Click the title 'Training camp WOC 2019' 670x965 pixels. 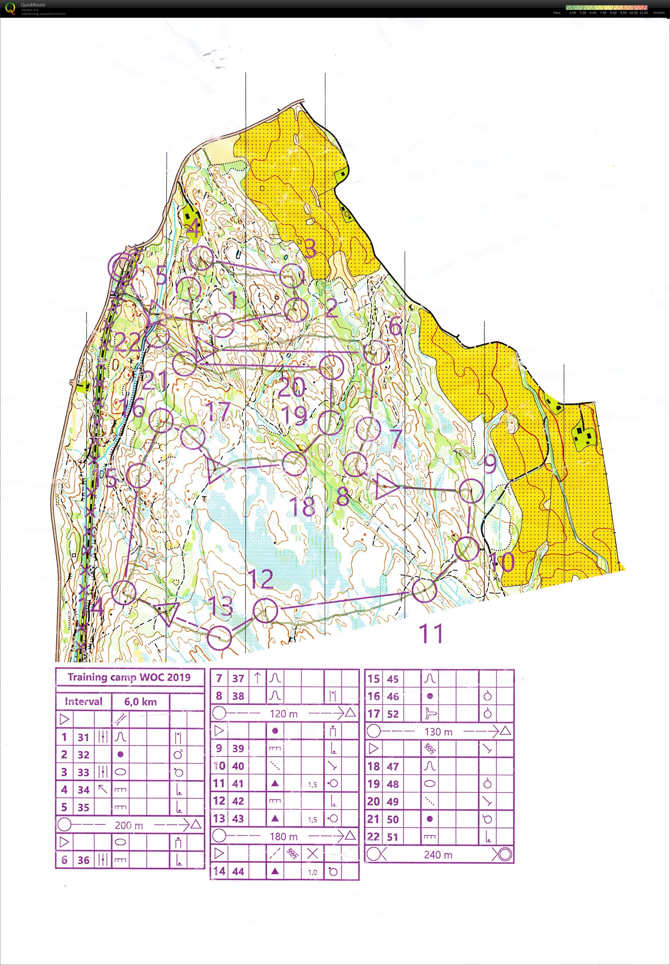(129, 677)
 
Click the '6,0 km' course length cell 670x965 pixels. (140, 701)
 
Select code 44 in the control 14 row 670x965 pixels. (238, 871)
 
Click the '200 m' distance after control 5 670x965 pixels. (129, 825)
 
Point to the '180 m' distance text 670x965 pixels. (284, 836)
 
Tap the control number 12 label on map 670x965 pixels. (262, 579)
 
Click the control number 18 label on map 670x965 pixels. (302, 506)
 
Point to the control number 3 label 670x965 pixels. (310, 249)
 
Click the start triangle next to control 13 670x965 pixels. (168, 612)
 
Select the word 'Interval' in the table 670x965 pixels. (83, 701)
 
